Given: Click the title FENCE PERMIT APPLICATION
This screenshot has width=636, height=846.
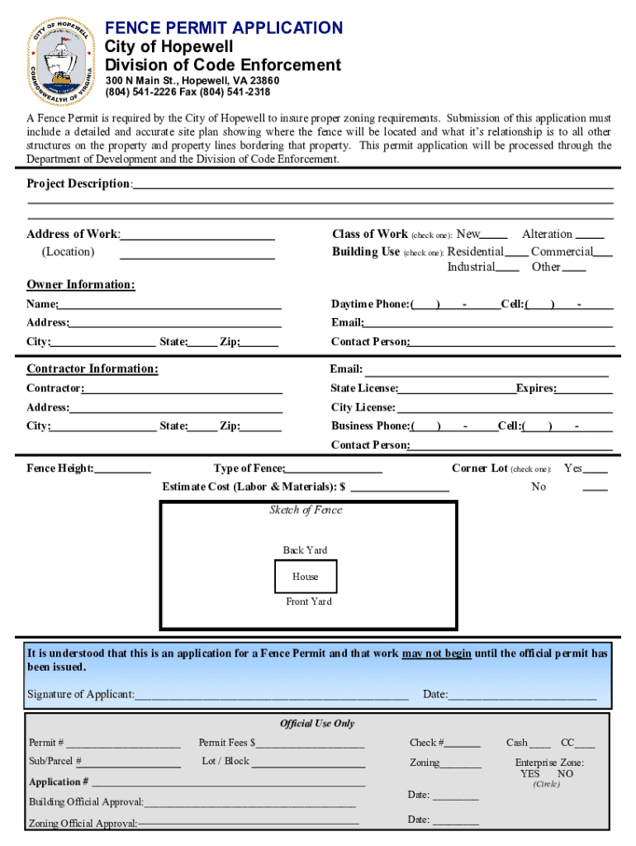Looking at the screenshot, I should [224, 27].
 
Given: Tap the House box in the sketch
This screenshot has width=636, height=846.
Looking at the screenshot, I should [305, 577].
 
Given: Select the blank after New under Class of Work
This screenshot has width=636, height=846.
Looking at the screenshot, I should [495, 235].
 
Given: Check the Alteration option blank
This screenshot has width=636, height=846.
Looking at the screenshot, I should [590, 235].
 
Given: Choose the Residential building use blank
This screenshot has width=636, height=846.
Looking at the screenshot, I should [517, 253].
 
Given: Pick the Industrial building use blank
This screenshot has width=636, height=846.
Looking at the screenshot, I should [508, 269].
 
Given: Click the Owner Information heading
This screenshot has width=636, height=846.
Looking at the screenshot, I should [81, 285].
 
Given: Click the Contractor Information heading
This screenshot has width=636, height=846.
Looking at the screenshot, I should [93, 369].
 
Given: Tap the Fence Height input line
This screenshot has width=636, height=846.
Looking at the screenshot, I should [123, 471].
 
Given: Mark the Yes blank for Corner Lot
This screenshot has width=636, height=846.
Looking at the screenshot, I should [596, 470].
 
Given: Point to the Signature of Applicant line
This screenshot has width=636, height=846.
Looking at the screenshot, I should [272, 696].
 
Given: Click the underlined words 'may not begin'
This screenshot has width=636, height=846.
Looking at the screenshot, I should [437, 654].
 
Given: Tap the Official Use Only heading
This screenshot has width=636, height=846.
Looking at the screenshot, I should [317, 724].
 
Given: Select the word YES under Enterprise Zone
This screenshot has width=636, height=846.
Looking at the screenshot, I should [529, 774].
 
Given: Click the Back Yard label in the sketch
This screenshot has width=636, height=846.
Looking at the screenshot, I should [305, 550].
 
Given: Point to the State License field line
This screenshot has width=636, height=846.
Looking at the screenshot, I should [457, 390].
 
